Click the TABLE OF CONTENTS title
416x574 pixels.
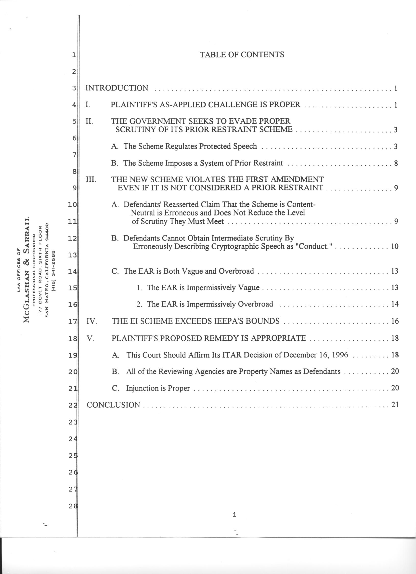point(242,55)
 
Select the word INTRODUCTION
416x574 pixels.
point(117,88)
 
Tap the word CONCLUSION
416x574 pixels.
point(113,405)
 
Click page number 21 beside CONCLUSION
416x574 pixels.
point(395,405)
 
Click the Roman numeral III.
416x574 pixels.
point(91,180)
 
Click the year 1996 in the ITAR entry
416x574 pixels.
point(340,355)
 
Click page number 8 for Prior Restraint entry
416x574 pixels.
point(396,163)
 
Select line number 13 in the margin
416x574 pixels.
point(72,255)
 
